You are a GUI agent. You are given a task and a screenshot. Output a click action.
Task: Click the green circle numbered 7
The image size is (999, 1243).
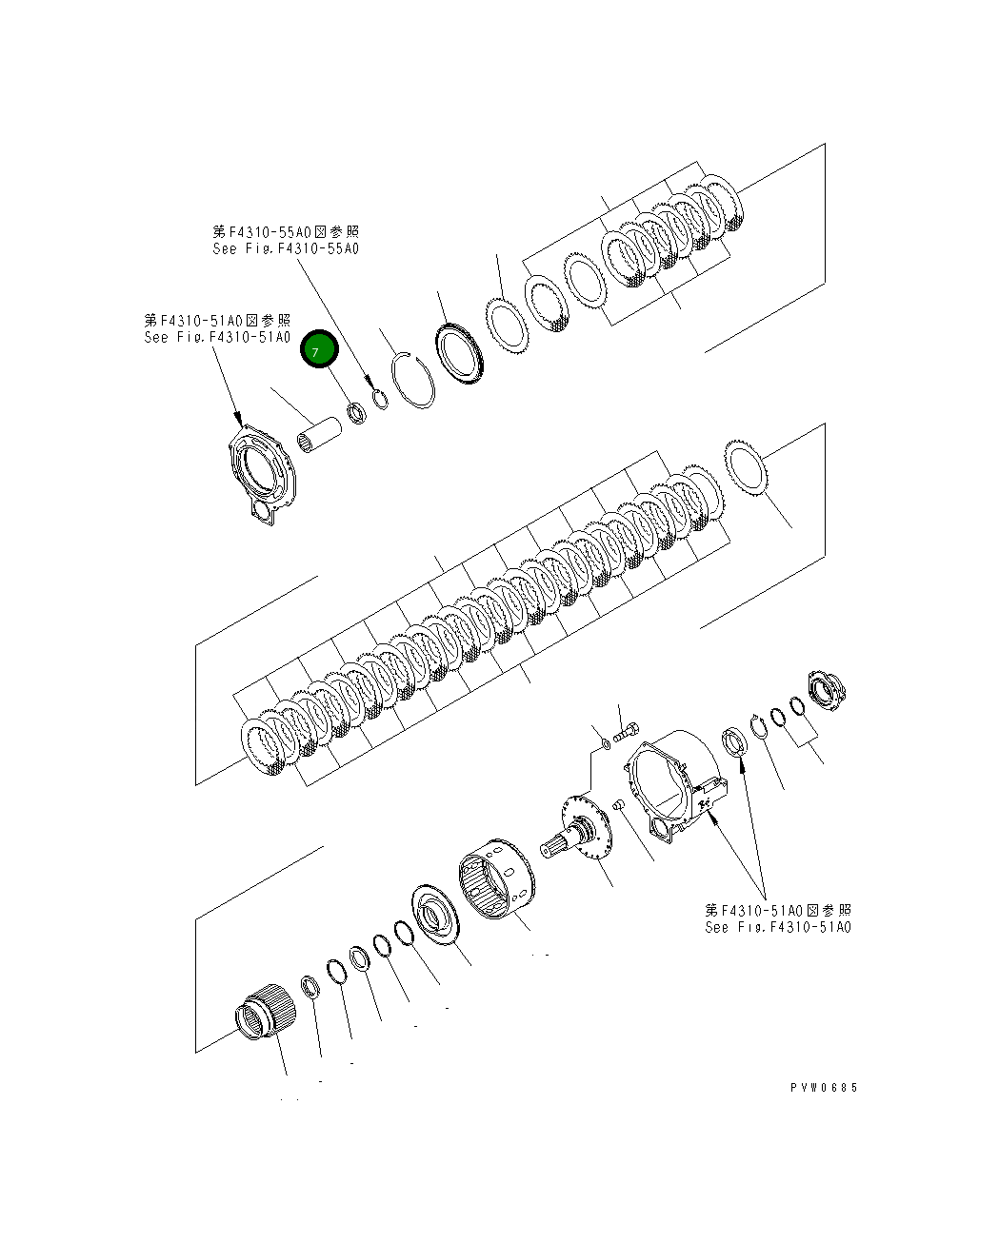pos(319,350)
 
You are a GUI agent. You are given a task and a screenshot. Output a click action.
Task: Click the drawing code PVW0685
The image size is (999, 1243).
pos(823,1087)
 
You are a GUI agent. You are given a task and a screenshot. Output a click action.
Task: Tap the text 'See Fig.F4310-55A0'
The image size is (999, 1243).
pos(286,249)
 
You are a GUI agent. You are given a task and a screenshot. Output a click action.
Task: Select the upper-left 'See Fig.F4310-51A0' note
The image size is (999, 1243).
pos(217,337)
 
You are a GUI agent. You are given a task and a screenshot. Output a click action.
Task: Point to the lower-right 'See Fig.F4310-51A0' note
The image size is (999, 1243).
pos(778,927)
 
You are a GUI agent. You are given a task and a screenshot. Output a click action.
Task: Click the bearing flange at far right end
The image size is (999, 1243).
pos(825,693)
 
